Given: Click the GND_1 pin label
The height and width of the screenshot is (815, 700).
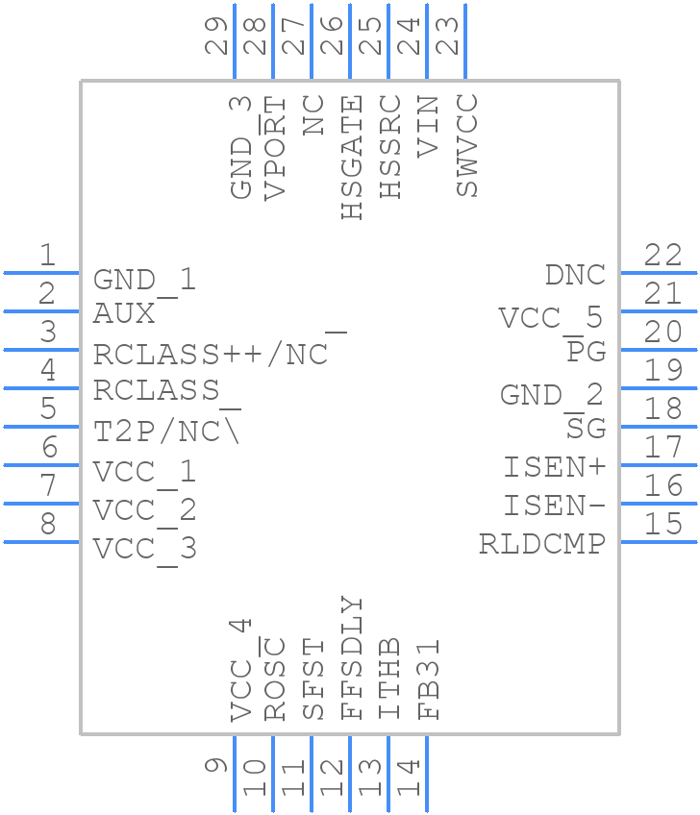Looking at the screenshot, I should click(x=144, y=280).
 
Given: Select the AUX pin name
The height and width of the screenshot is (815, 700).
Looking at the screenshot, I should click(x=124, y=313).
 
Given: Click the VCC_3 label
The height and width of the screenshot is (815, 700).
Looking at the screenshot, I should click(x=144, y=549).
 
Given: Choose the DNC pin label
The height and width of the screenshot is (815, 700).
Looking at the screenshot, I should click(x=575, y=275).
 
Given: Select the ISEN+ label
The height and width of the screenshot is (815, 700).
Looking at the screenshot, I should click(x=555, y=468).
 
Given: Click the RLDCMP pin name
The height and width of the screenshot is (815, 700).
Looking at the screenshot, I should click(x=542, y=544).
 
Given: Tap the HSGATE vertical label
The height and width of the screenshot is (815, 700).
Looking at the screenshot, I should click(x=353, y=158).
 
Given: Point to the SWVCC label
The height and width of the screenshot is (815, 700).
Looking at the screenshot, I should click(x=467, y=145).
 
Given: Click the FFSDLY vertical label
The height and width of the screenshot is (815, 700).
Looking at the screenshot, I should click(x=353, y=658).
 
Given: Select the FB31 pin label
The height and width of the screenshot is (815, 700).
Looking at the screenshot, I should click(x=429, y=679).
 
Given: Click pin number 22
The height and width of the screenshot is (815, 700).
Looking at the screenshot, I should click(x=663, y=256).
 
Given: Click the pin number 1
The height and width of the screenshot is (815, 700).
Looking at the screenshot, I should click(x=46, y=256).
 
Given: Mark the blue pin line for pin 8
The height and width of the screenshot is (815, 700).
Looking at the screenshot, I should click(x=41, y=542).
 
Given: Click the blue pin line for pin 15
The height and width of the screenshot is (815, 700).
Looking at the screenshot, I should click(x=659, y=542).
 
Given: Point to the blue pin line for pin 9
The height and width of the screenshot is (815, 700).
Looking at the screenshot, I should click(x=234, y=774).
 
